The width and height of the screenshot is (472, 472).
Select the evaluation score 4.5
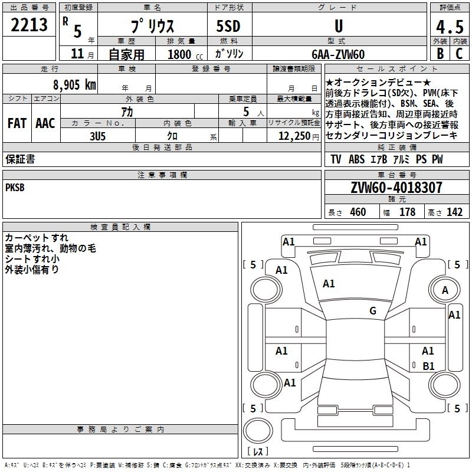[x=449, y=28]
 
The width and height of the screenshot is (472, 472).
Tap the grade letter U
[x=338, y=27]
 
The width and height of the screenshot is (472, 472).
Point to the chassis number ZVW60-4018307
[x=396, y=188]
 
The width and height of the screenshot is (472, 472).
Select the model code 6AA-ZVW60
[x=338, y=54]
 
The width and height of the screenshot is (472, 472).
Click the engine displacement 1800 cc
[x=179, y=54]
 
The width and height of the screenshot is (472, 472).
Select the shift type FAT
[x=17, y=123]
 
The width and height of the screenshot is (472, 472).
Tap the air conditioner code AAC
[x=45, y=123]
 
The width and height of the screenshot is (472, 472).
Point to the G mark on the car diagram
[x=373, y=311]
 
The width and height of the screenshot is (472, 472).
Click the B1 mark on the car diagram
[x=429, y=366]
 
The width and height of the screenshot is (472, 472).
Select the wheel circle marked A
[x=445, y=290]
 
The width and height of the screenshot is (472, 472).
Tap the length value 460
[x=358, y=212]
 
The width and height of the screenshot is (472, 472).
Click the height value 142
[x=454, y=212]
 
